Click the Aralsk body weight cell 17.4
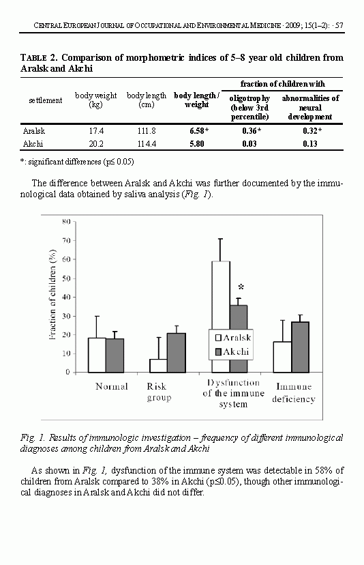point(96,131)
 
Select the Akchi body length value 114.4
point(147,144)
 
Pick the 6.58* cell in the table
point(199,131)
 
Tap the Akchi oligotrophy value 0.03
point(249,144)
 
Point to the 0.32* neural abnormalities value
point(312,131)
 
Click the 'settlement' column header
point(46,100)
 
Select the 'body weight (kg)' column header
point(95,100)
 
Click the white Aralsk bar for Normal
point(97,355)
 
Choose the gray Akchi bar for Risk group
point(177,353)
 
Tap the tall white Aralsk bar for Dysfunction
point(221,295)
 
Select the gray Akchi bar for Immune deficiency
point(301,347)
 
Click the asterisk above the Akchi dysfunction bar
point(241,287)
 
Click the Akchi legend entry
point(232,351)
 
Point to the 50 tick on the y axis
point(66,278)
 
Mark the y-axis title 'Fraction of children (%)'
point(52,294)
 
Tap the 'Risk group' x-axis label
point(159,392)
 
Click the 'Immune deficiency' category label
point(294,393)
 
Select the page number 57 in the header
point(339,25)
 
